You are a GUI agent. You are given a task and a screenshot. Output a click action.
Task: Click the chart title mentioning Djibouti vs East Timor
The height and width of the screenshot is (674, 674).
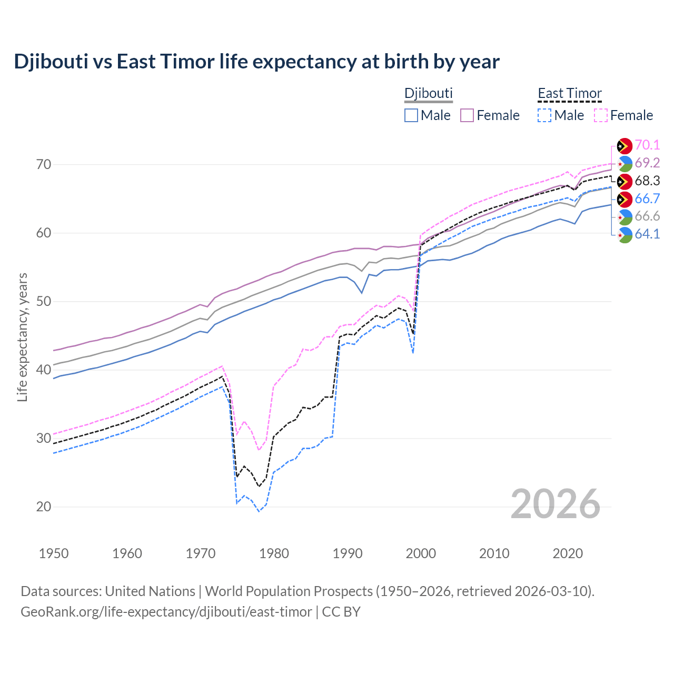point(256,62)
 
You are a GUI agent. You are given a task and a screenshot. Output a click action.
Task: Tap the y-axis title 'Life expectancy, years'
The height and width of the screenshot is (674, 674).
point(22,337)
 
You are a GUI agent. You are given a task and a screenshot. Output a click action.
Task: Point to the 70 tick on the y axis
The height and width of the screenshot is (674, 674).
point(44,164)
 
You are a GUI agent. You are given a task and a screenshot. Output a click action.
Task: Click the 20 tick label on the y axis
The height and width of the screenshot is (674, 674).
point(44,507)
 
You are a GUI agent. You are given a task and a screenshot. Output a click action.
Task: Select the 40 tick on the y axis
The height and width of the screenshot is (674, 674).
point(44,370)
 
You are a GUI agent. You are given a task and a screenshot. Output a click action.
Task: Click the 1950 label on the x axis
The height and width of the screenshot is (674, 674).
point(54,553)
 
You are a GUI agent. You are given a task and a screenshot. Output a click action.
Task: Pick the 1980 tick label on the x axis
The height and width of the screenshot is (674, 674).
point(274,553)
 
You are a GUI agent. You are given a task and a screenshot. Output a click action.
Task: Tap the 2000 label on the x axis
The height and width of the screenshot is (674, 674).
point(421,553)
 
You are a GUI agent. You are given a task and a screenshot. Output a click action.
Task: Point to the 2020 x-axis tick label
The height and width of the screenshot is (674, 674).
point(568,553)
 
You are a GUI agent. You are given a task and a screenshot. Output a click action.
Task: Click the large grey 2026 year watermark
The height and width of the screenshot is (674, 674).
point(555,504)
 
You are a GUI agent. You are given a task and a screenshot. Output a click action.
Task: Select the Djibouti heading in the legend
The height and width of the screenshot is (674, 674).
point(428,93)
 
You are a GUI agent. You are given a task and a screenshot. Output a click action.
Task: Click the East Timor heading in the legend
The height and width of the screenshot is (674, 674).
point(569,93)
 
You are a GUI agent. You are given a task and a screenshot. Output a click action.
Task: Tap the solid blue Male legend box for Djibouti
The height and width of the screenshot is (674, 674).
point(411,115)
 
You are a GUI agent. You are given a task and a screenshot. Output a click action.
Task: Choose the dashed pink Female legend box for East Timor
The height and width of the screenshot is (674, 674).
point(601,115)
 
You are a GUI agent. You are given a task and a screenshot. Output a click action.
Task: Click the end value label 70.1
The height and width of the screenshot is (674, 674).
point(647,145)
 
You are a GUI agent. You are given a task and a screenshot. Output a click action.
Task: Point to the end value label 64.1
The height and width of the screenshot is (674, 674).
point(647,234)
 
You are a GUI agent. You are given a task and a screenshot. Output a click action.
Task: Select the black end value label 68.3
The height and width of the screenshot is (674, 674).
point(647,181)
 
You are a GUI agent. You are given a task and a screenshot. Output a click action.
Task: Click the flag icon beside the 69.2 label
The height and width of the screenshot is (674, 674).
point(625,163)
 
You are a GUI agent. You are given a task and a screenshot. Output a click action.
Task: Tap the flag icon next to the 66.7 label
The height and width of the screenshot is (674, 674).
point(625,199)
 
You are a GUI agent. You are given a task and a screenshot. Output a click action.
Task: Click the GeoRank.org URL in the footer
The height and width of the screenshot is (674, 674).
point(166,612)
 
